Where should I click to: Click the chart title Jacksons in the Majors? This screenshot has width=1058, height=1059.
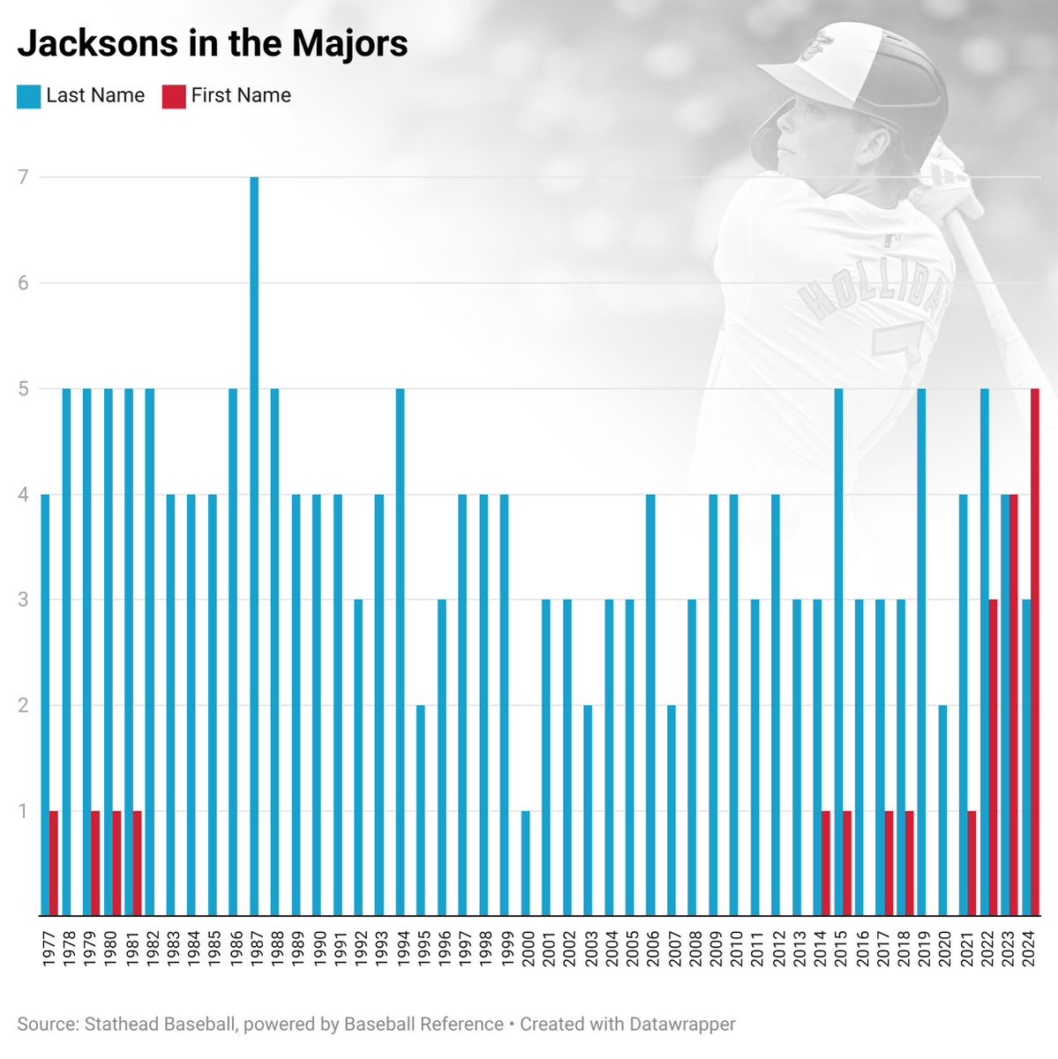(x=213, y=43)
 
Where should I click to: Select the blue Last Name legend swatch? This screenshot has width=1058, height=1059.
(x=28, y=96)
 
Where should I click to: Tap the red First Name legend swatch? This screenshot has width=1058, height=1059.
(x=174, y=96)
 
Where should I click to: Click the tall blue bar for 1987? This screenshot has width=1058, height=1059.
(x=254, y=546)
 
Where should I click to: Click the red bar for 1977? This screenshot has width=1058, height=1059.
(x=54, y=863)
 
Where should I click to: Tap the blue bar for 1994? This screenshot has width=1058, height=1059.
(x=401, y=652)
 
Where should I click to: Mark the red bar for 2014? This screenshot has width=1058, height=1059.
(x=826, y=863)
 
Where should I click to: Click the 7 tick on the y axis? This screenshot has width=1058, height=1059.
(x=22, y=177)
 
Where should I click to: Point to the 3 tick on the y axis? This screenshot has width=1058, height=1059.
(x=22, y=600)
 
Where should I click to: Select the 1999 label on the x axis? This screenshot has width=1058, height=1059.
(x=505, y=948)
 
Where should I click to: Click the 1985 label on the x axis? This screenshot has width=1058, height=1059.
(x=213, y=948)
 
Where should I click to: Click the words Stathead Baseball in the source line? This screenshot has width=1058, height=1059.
(x=160, y=1025)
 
